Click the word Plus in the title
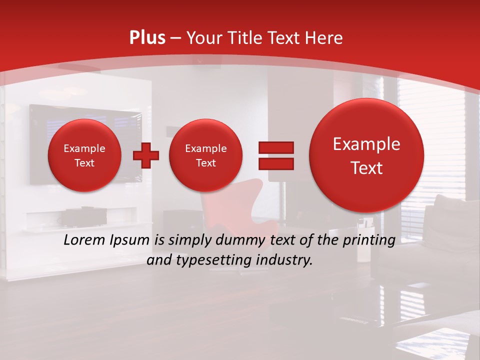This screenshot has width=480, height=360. click(x=147, y=38)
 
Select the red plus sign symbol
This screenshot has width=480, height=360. click(x=146, y=155)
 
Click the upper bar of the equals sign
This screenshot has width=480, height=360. click(x=275, y=147)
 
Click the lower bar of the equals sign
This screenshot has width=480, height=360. click(x=275, y=163)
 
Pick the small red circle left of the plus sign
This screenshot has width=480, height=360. click(x=84, y=155)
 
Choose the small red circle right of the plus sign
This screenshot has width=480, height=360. click(x=205, y=155)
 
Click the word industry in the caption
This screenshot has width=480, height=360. click(x=286, y=260)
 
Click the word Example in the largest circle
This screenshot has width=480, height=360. click(x=366, y=144)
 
